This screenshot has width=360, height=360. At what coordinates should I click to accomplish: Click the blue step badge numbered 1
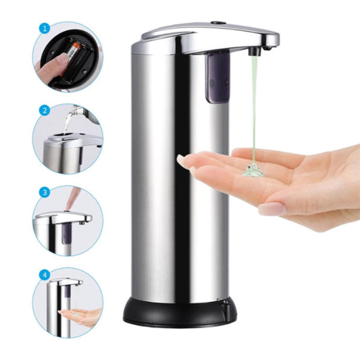(x=45, y=28)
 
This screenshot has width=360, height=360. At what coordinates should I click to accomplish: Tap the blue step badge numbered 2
(x=45, y=111)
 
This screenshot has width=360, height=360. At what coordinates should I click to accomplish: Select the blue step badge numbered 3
(x=45, y=192)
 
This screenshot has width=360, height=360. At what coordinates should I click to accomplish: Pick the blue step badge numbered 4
(x=45, y=275)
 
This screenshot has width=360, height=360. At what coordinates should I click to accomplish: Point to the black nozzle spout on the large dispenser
(x=255, y=51)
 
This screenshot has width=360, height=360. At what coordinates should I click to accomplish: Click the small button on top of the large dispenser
(x=218, y=23)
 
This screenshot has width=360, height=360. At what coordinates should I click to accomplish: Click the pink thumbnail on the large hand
(x=273, y=209)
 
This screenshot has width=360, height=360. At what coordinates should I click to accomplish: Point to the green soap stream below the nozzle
(x=254, y=108)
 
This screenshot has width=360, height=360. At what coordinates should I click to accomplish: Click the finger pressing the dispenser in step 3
(x=72, y=198)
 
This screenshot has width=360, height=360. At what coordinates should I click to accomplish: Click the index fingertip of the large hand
(x=181, y=160)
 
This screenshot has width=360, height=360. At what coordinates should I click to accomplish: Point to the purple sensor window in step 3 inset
(x=67, y=234)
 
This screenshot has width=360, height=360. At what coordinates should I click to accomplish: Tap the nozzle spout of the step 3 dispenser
(x=82, y=223)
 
